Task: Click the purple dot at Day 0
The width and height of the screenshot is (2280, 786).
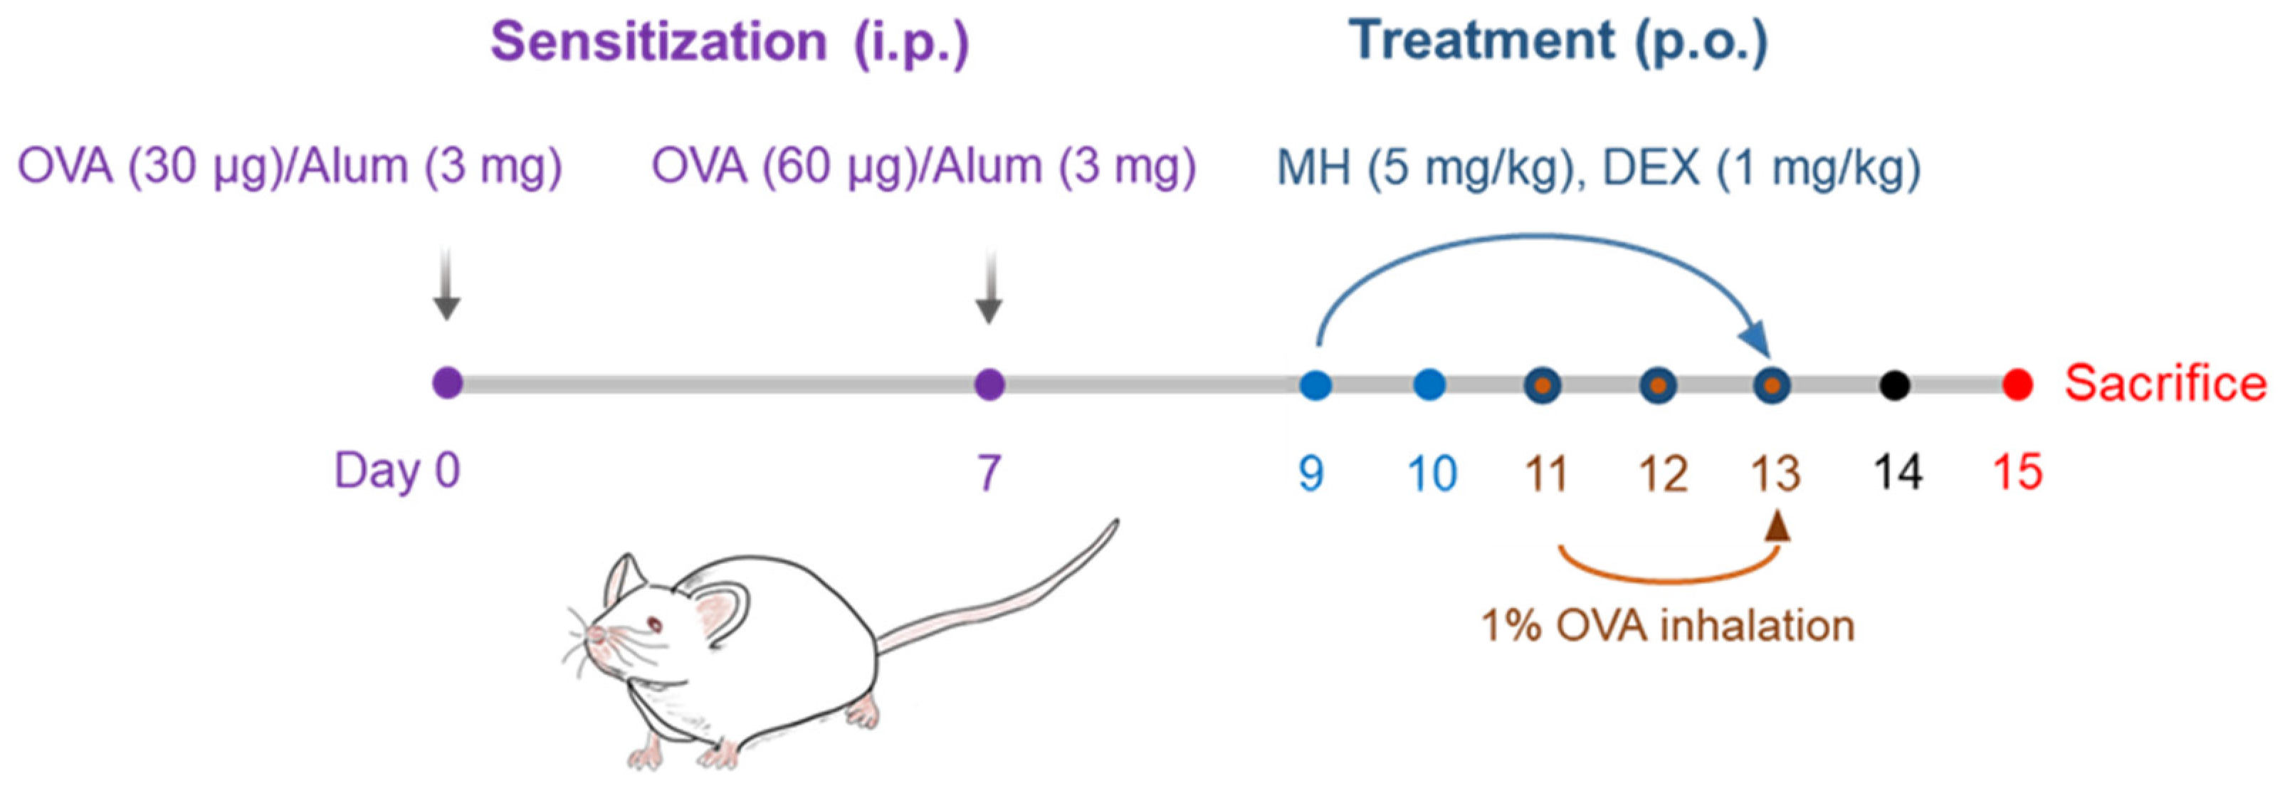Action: click(x=447, y=384)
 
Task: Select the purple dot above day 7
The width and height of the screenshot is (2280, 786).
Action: click(x=989, y=384)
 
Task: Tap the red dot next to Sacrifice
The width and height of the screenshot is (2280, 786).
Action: click(x=2018, y=385)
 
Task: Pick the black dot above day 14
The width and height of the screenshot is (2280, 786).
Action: click(x=1894, y=385)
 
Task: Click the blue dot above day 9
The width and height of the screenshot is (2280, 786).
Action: click(x=1315, y=385)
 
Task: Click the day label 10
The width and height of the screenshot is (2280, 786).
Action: click(x=1433, y=473)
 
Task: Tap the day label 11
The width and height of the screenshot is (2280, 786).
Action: click(x=1545, y=473)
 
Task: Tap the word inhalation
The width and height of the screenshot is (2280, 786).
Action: click(x=1757, y=626)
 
